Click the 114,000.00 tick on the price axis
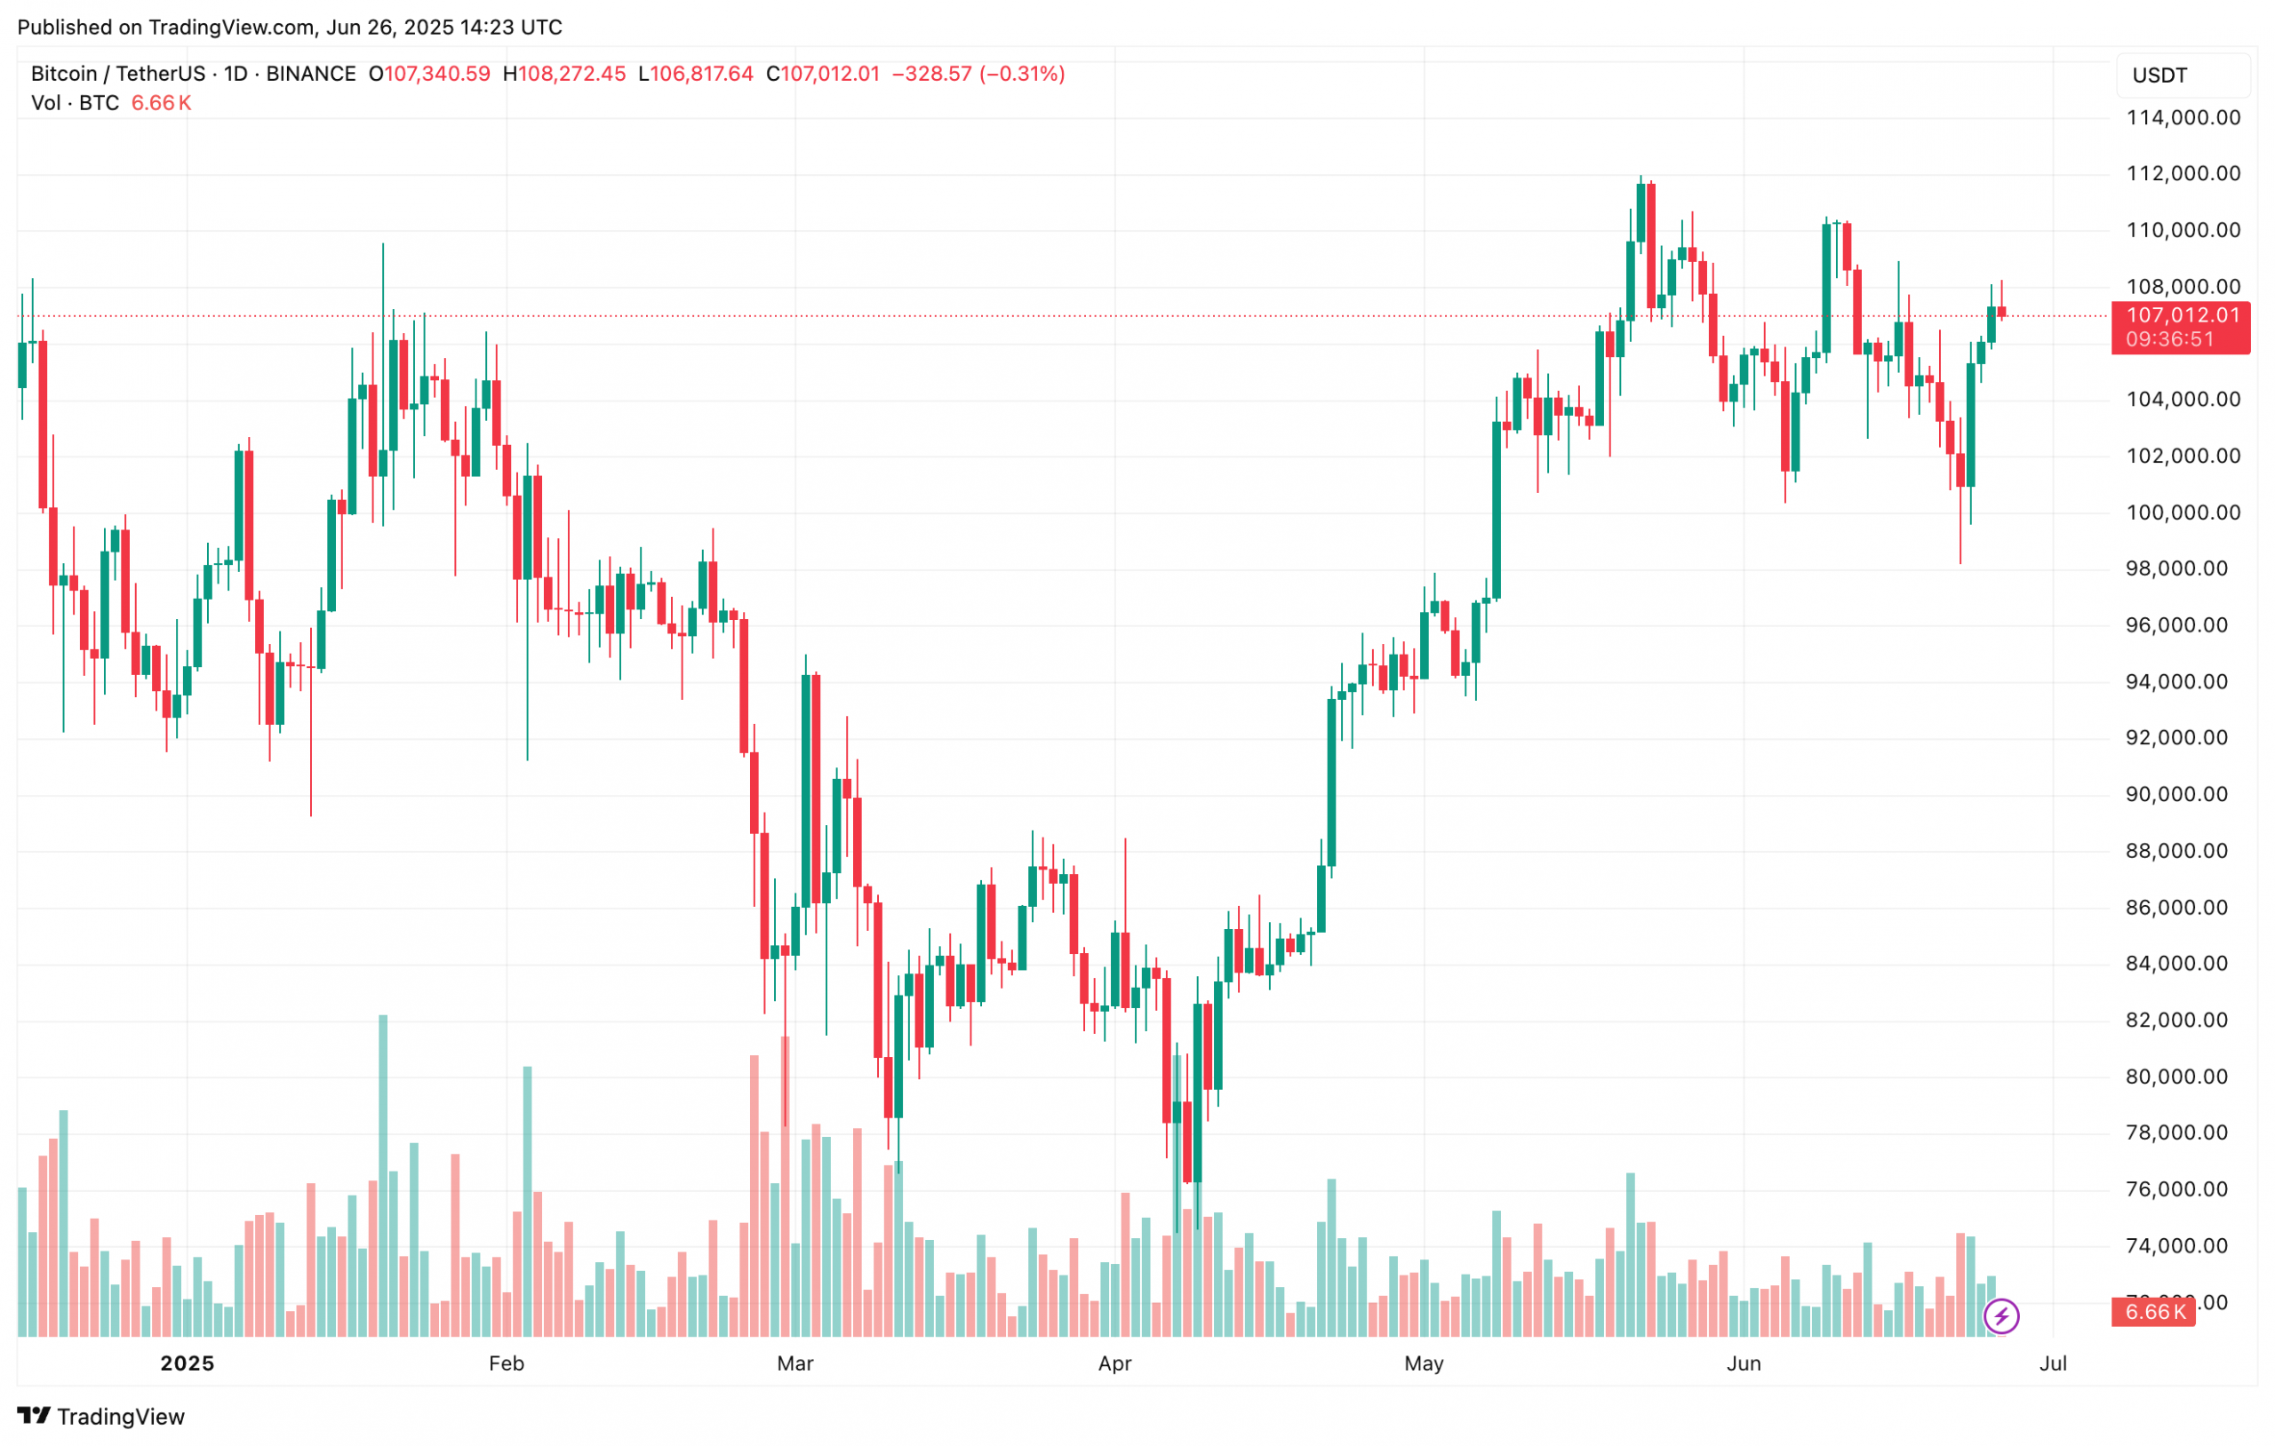click(2183, 118)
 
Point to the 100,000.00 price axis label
click(2183, 512)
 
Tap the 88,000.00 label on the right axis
click(2183, 851)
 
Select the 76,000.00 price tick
click(2183, 1189)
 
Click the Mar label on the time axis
click(794, 1363)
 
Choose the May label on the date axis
click(1424, 1363)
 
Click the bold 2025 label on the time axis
click(187, 1363)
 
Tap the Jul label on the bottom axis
click(2053, 1363)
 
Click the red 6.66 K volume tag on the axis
click(2154, 1312)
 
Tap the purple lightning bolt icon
click(2001, 1315)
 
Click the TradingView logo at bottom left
click(101, 1416)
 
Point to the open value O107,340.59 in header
click(430, 74)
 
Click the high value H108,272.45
click(564, 74)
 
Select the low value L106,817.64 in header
click(697, 74)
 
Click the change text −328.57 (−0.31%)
click(978, 74)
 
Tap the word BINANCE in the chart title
click(311, 74)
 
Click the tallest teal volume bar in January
click(383, 1175)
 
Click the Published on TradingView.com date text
click(289, 27)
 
